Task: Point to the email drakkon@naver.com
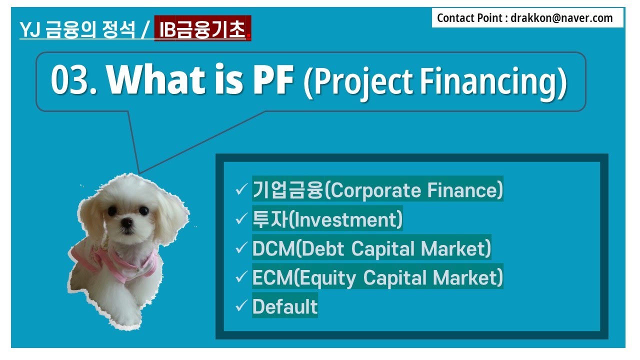tap(562, 18)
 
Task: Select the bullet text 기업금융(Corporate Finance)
tap(377, 190)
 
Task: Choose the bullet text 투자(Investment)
tap(327, 219)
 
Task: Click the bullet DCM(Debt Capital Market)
tap(371, 248)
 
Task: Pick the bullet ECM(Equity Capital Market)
tap(377, 277)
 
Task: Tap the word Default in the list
tap(285, 306)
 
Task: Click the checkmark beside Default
tap(241, 306)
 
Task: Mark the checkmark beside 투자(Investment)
tap(241, 219)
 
